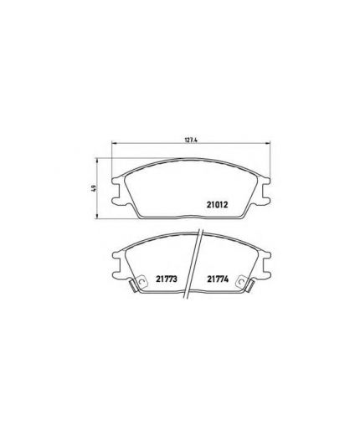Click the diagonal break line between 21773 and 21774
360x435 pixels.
point(193,268)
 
